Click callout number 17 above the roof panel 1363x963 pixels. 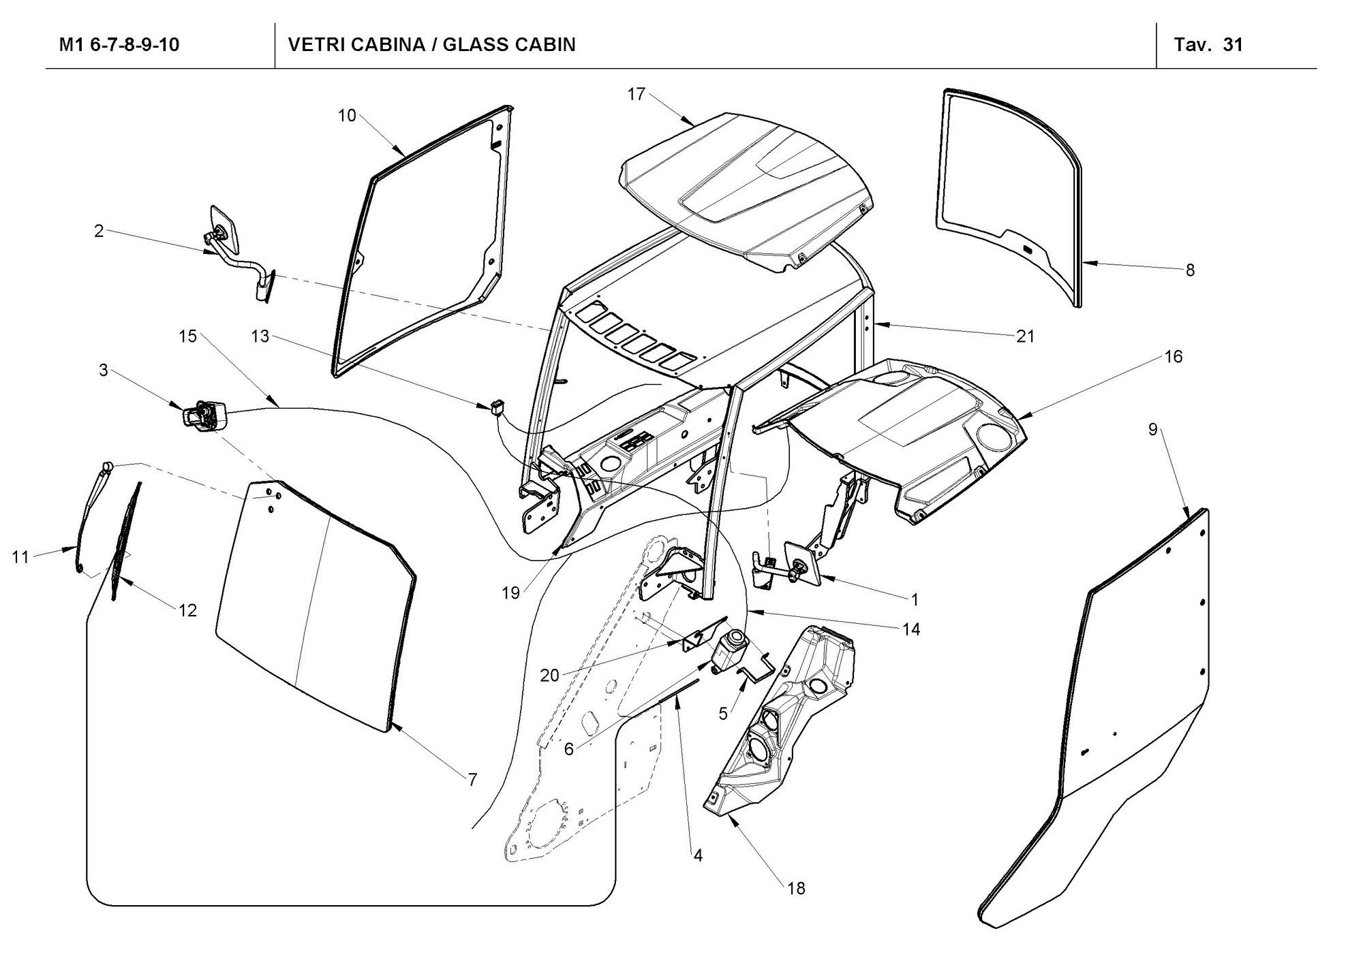(636, 95)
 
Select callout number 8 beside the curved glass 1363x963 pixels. (1190, 270)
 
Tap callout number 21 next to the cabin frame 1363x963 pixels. (1025, 336)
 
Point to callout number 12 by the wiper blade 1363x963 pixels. (187, 610)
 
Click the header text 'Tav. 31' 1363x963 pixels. (1208, 45)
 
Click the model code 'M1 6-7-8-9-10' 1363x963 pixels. (119, 45)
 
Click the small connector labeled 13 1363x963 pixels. (496, 407)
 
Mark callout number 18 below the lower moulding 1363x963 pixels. (795, 888)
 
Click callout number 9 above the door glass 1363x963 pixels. (1152, 430)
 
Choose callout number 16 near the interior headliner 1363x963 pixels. (1174, 356)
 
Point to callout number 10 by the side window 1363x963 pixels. (347, 116)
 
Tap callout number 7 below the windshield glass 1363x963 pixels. (472, 780)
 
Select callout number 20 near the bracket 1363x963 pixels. (549, 676)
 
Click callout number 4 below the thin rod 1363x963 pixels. (697, 855)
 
